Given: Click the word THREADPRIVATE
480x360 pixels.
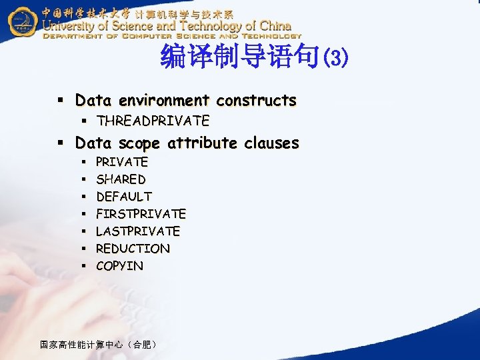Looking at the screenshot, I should pyautogui.click(x=153, y=121).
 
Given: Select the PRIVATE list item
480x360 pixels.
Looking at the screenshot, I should pyautogui.click(x=122, y=162).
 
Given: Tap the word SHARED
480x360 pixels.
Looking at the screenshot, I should pyautogui.click(x=121, y=179).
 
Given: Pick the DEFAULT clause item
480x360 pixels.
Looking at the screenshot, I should pyautogui.click(x=124, y=197).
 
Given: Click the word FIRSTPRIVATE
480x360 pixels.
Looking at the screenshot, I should pyautogui.click(x=141, y=214).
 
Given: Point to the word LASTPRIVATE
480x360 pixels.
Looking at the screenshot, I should pyautogui.click(x=138, y=231).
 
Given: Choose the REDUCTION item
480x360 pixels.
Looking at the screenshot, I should pyautogui.click(x=133, y=249).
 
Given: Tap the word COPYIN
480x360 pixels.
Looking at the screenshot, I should pyautogui.click(x=119, y=266).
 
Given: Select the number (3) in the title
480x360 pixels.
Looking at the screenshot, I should pyautogui.click(x=334, y=58).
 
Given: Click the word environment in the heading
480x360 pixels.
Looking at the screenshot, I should pyautogui.click(x=164, y=101).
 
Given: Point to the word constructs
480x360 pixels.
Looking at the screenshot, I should pyautogui.click(x=257, y=101).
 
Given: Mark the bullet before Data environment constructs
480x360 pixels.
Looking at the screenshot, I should pyautogui.click(x=59, y=101).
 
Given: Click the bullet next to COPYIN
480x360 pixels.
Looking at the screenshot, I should pyautogui.click(x=84, y=266).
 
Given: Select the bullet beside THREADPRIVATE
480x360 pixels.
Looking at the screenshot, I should pyautogui.click(x=84, y=121).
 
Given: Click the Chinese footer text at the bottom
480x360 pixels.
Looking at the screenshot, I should pyautogui.click(x=98, y=345).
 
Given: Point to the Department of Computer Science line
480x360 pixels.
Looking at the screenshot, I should pyautogui.click(x=172, y=36).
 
